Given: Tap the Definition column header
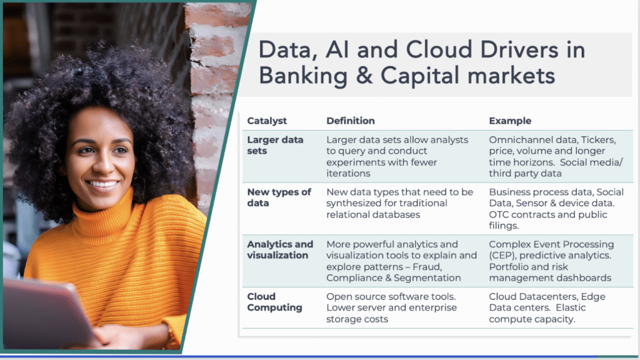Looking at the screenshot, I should pos(351,121).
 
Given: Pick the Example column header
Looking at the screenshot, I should pos(510,121).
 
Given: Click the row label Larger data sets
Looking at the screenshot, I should pos(275,145).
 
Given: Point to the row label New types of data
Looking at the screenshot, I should pos(279,197).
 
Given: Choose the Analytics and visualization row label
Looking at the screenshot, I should pos(280,249).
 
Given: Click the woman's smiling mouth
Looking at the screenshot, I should pos(102,184).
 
